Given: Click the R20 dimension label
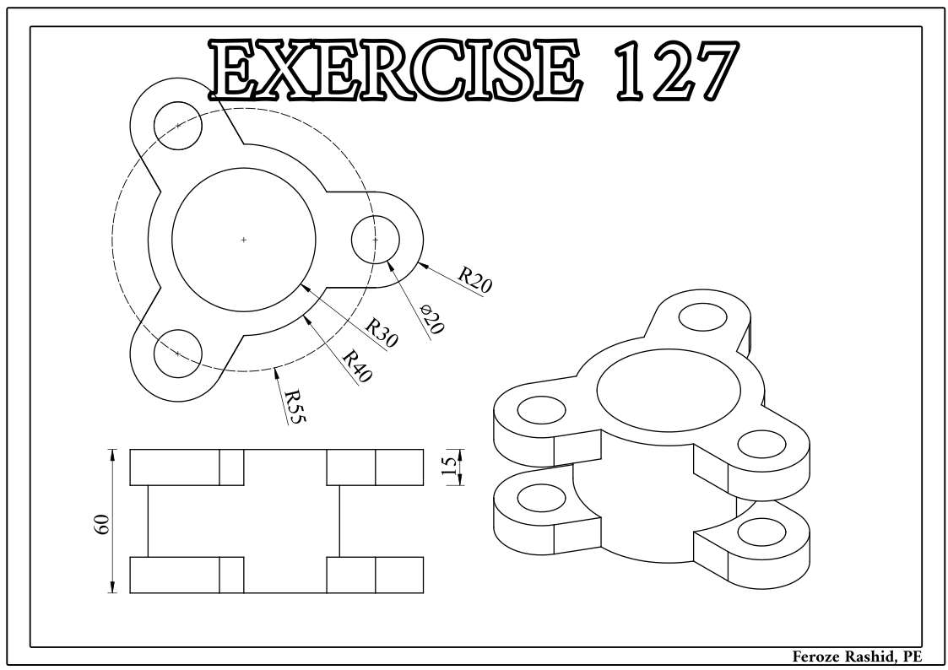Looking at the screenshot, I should [475, 279].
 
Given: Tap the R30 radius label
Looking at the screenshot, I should [381, 333].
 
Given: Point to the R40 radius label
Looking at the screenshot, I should [358, 365].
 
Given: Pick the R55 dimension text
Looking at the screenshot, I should [293, 405].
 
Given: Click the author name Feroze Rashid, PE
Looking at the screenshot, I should [853, 656].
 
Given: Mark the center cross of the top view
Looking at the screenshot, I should [244, 240].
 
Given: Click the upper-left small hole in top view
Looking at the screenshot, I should [177, 125].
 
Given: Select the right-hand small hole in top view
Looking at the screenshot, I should [376, 240].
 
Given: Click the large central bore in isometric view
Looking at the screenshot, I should [669, 389].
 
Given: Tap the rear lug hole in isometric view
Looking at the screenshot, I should [704, 316].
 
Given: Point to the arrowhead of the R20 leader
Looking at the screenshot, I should [420, 262].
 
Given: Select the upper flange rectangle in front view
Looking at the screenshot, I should [276, 467].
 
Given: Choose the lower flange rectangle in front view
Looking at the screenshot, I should [276, 575].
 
